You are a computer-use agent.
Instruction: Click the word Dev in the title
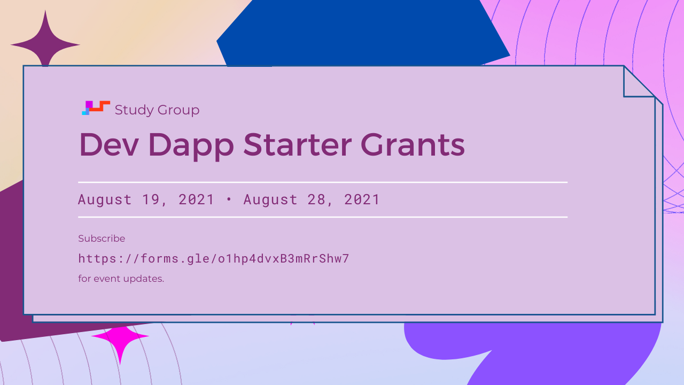108,144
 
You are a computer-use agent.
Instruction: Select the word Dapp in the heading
191,147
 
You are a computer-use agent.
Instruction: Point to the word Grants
413,144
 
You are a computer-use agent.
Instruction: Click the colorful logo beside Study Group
96,108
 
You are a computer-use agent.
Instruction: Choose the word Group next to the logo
178,110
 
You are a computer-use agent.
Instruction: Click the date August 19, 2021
146,200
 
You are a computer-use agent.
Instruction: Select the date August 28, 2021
312,200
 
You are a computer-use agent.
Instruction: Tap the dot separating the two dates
229,199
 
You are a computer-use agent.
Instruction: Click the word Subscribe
102,238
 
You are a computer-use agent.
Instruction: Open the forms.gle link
213,259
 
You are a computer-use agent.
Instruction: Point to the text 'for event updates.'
121,279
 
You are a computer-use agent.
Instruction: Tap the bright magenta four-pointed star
120,341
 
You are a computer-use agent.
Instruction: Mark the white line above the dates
323,182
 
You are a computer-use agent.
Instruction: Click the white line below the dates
323,217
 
